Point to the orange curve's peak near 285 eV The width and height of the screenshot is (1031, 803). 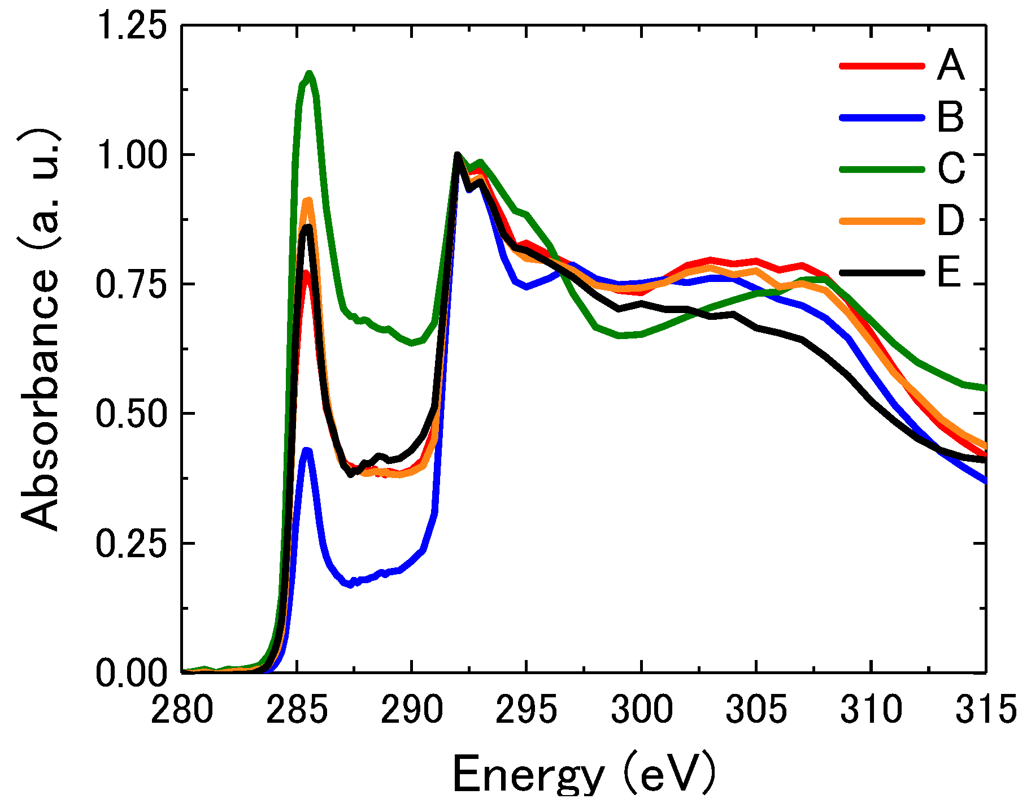pyautogui.click(x=308, y=200)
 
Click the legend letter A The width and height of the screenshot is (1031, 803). pyautogui.click(x=950, y=66)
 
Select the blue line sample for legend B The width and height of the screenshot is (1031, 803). pyautogui.click(x=882, y=118)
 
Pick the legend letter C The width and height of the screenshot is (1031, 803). pyautogui.click(x=951, y=169)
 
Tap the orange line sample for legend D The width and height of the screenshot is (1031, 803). pyautogui.click(x=882, y=221)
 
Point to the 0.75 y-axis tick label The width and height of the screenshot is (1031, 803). pyautogui.click(x=131, y=284)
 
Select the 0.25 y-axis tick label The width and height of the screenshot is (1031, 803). pyautogui.click(x=131, y=543)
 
